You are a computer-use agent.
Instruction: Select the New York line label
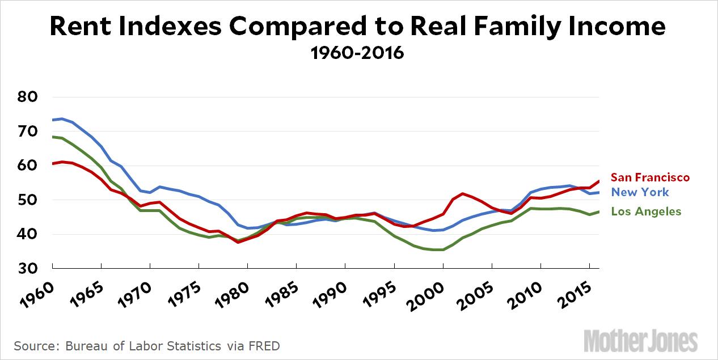point(640,192)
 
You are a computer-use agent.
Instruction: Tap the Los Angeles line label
point(645,211)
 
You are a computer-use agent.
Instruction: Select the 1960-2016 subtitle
point(357,53)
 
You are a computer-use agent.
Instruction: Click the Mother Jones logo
point(640,341)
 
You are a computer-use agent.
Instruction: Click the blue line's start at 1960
point(52,120)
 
